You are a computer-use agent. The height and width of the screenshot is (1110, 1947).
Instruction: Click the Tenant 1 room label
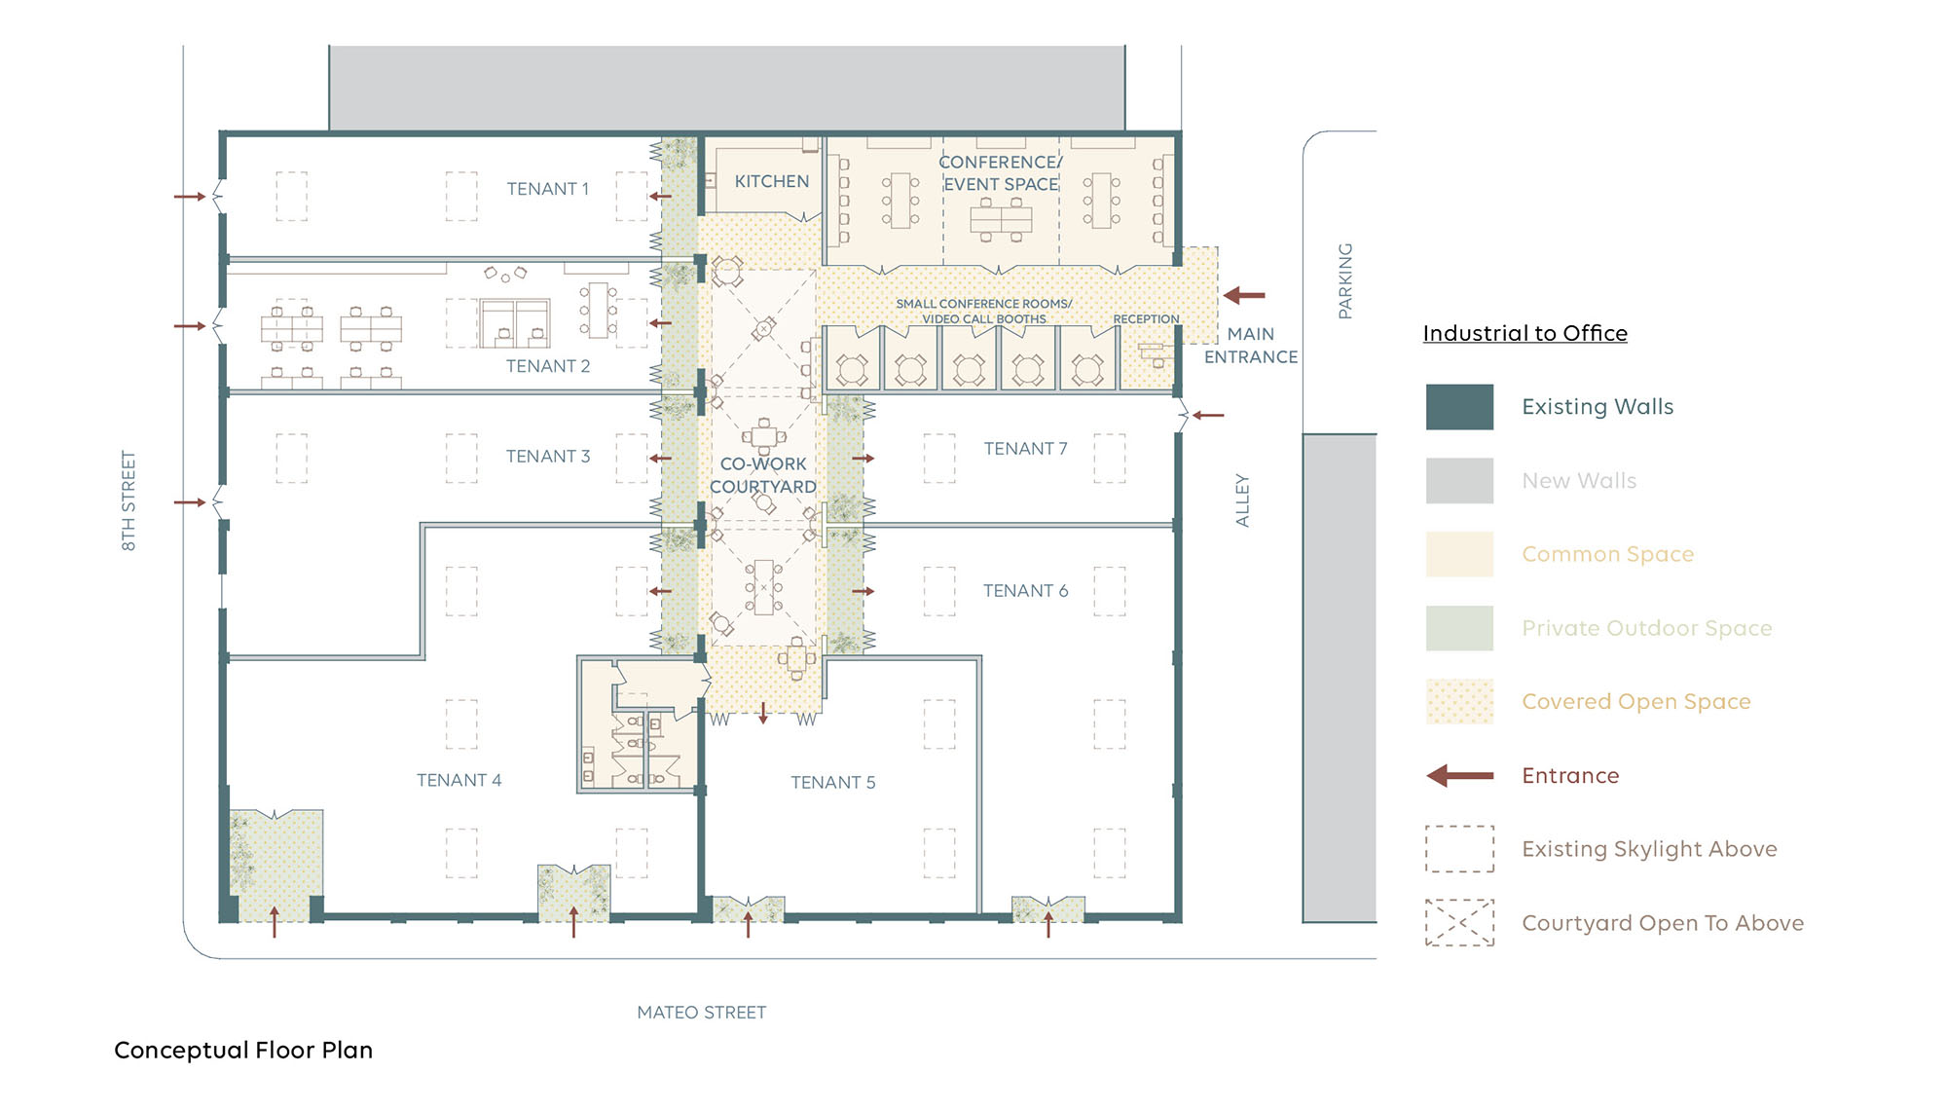pos(547,189)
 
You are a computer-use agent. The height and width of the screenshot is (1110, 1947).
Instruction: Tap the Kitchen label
pos(771,181)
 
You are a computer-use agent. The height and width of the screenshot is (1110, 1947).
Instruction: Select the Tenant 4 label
pos(459,780)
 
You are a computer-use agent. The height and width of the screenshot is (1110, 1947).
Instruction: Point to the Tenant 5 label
pos(832,782)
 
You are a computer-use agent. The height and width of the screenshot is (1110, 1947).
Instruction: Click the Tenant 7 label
pos(1025,449)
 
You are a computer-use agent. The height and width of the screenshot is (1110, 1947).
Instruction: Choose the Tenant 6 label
pos(1025,591)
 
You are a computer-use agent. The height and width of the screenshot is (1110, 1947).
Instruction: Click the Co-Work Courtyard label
pos(763,475)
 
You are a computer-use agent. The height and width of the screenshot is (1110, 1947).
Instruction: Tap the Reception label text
pos(1146,319)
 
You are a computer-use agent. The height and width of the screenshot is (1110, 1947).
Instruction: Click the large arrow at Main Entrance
pos(1243,295)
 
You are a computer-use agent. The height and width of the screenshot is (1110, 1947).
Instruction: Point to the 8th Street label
pos(129,500)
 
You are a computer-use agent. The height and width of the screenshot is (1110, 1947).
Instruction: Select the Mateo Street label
pos(701,1013)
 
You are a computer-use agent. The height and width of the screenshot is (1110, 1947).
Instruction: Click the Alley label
pos(1242,500)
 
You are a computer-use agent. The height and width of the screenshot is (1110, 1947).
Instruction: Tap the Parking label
pos(1345,280)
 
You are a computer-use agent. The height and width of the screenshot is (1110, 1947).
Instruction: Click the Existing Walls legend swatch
pos(1459,407)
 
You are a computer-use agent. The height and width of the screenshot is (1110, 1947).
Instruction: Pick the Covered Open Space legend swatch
pos(1459,701)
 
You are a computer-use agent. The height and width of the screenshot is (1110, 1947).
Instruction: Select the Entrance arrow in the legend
pos(1459,776)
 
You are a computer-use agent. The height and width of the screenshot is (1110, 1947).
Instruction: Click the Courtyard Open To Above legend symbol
pos(1459,923)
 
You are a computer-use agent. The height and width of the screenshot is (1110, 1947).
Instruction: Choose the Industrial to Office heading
pos(1525,333)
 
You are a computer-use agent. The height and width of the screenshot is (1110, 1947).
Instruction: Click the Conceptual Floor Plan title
pos(243,1050)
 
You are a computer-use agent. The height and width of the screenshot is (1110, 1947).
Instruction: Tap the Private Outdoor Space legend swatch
pos(1459,628)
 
